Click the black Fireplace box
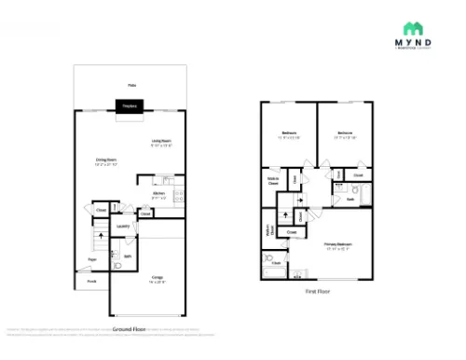click(130, 106)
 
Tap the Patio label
click(131, 86)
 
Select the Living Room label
click(162, 143)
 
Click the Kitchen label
click(158, 195)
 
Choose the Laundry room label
click(122, 226)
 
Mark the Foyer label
click(92, 259)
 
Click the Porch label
click(92, 280)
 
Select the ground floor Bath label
click(127, 255)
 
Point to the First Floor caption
click(318, 291)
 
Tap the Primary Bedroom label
click(336, 246)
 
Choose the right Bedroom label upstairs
click(345, 134)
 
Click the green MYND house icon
click(411, 28)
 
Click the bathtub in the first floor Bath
click(368, 197)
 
